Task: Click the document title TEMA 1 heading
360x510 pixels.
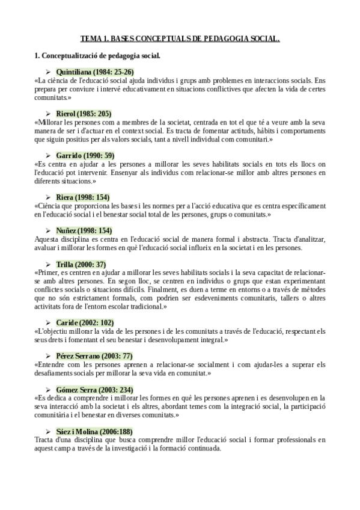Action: click(180, 40)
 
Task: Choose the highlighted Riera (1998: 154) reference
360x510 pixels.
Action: click(82, 197)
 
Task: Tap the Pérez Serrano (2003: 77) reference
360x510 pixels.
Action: click(94, 356)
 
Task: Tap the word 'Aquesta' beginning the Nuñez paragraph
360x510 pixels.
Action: click(47, 239)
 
